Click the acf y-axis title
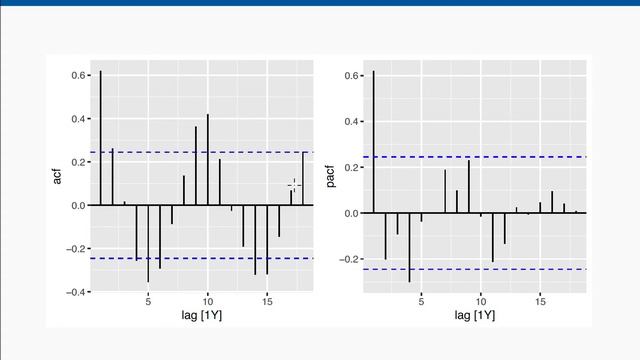59,177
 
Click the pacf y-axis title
331,177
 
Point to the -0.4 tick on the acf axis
76,292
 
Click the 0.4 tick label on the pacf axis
351,122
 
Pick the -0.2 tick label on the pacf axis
349,259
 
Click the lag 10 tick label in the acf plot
207,301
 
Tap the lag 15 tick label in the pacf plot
540,301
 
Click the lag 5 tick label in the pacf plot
421,301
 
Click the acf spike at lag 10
208,160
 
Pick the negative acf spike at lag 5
148,244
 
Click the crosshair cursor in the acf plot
294,184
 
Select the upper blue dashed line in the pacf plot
470,158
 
